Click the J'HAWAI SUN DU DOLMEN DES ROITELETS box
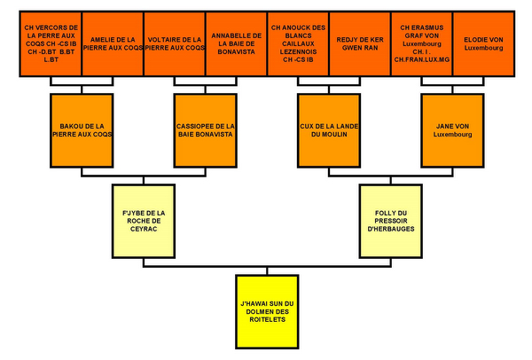[268, 311]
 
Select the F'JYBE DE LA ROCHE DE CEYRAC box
[144, 219]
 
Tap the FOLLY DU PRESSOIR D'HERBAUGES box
[392, 219]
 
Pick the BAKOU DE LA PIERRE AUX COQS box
[82, 129]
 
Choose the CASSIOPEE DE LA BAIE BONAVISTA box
[206, 129]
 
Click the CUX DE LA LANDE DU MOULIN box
[330, 129]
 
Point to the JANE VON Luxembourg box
[454, 129]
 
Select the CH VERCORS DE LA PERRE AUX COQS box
[51, 43]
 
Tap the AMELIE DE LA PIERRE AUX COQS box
[113, 43]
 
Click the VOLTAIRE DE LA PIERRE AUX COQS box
[175, 43]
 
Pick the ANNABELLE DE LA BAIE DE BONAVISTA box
[237, 43]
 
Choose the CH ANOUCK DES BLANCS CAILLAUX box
[298, 43]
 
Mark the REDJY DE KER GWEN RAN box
[360, 43]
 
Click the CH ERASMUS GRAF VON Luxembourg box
[422, 43]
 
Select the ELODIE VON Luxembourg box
[484, 43]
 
